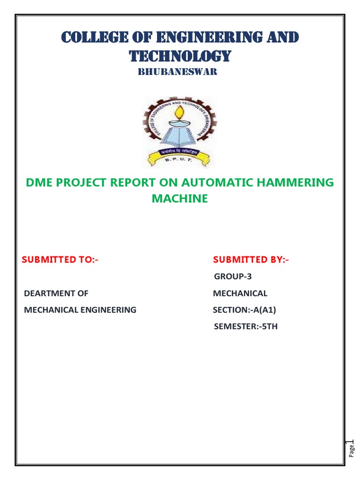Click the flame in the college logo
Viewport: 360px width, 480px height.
pyautogui.click(x=179, y=112)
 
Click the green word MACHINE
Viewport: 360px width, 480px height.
pyautogui.click(x=180, y=199)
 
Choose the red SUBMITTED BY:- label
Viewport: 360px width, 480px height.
pyautogui.click(x=251, y=260)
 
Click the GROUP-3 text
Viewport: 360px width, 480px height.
pyautogui.click(x=233, y=277)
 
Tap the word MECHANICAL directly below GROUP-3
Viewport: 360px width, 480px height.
pyautogui.click(x=240, y=293)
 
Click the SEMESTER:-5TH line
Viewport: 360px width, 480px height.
pyautogui.click(x=246, y=326)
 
